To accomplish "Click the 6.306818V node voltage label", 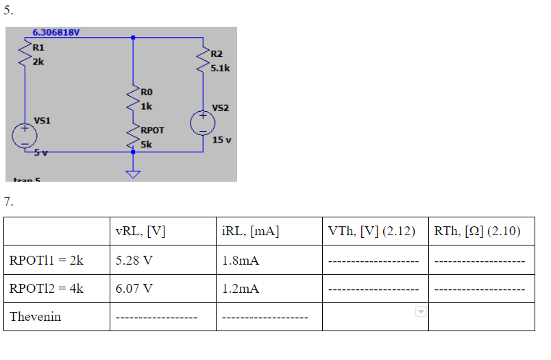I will click(56, 32).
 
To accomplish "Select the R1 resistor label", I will click(38, 47).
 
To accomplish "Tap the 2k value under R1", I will click(38, 61).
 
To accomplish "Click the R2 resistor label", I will click(217, 53).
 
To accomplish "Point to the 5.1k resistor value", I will click(220, 68).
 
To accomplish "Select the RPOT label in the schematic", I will click(152, 129).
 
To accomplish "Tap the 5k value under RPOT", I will click(146, 144).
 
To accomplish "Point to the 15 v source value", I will click(221, 140).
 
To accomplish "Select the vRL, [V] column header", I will click(140, 231).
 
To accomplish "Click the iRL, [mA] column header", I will click(250, 231).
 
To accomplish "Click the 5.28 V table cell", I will click(134, 261).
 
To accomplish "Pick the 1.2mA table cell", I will click(241, 289).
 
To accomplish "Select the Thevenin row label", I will click(35, 317).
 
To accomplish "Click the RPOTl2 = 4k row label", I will click(47, 289).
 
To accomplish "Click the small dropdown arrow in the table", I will click(421, 312).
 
